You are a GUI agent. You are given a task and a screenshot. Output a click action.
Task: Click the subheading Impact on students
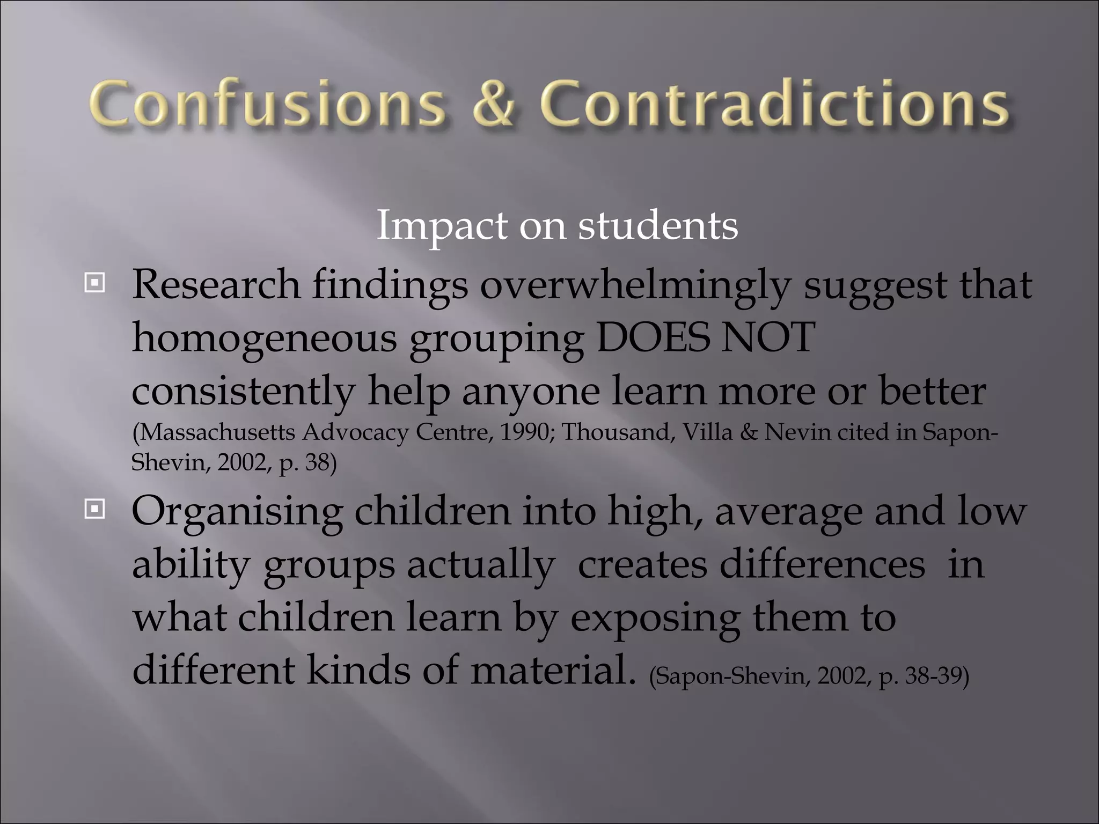pyautogui.click(x=557, y=225)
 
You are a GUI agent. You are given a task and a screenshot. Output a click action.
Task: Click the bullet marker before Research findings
pyautogui.click(x=95, y=282)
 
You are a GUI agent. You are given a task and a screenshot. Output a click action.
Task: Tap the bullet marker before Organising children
pyautogui.click(x=95, y=509)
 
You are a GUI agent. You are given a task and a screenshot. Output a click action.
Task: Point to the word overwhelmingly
pyautogui.click(x=635, y=285)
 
